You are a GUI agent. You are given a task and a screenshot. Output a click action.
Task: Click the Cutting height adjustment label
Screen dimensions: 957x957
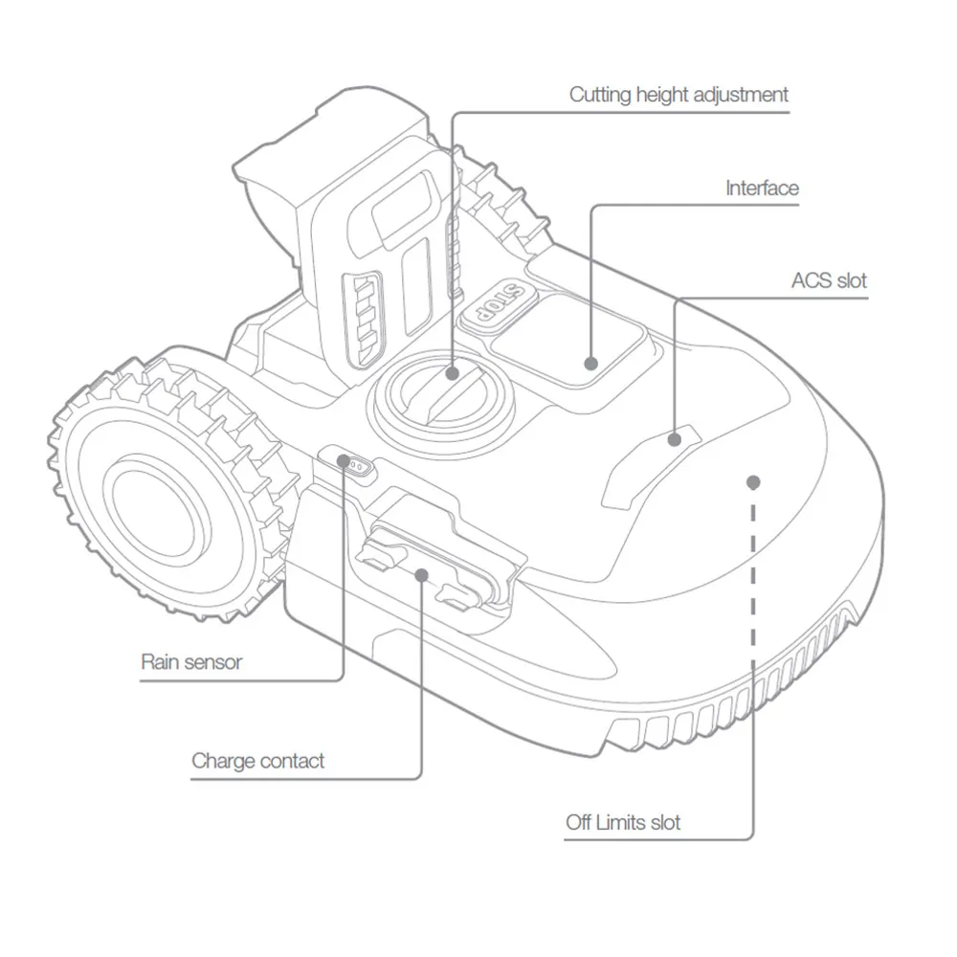point(679,95)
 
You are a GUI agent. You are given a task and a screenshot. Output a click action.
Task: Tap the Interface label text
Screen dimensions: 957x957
point(762,188)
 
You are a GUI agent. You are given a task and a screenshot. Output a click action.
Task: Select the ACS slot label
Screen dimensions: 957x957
point(829,280)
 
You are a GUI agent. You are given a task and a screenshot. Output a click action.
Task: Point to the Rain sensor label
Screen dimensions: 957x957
point(191,661)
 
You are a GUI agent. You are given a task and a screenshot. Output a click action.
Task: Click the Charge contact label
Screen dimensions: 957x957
point(257,761)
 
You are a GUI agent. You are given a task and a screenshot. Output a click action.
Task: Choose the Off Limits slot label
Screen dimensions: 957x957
point(623,822)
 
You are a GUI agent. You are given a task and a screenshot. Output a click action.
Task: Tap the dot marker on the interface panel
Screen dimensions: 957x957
point(590,364)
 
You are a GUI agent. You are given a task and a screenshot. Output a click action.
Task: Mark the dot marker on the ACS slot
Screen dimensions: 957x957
point(675,439)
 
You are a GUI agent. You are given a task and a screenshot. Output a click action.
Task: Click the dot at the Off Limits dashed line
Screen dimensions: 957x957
point(753,481)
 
